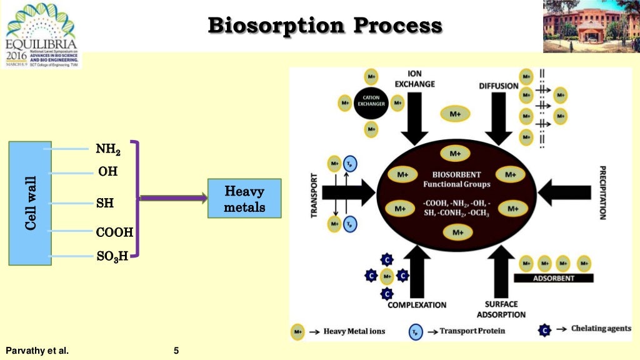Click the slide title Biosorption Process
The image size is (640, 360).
(324, 26)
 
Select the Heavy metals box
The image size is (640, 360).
(244, 199)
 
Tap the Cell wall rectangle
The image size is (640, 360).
(30, 203)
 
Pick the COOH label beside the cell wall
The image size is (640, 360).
(114, 232)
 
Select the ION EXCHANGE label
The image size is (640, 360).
(414, 79)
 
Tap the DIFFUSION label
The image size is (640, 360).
(499, 86)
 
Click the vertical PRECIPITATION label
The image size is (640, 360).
(602, 192)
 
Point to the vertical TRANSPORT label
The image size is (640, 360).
(314, 192)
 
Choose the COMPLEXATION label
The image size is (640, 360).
(417, 305)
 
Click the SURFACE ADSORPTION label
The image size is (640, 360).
(502, 309)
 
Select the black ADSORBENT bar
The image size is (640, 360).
(553, 278)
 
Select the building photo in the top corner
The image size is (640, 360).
(591, 26)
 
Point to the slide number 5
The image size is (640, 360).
(176, 351)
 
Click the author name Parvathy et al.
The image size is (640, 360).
(36, 351)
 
